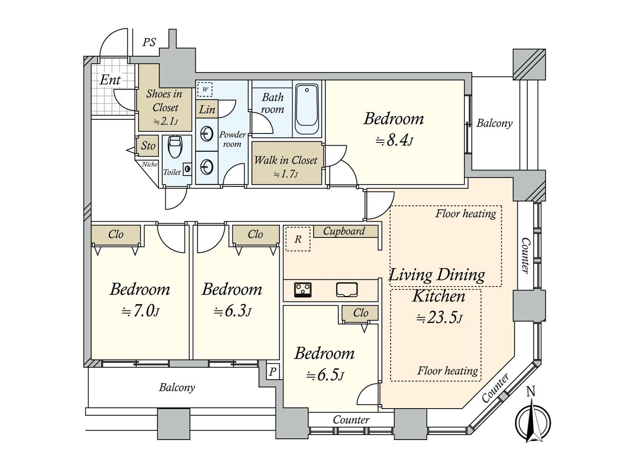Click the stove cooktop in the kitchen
303,290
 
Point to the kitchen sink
347,290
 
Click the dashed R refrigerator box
298,239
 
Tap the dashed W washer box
204,89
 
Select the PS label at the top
149,42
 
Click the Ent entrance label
110,80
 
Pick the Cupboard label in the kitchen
344,231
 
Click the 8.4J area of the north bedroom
394,140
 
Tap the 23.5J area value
439,317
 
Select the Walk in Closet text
286,161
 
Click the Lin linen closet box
207,109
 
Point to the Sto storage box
148,146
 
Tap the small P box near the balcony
273,371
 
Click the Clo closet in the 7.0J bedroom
116,235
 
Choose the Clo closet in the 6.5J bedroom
360,313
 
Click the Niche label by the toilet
150,164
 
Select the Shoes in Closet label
165,100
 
